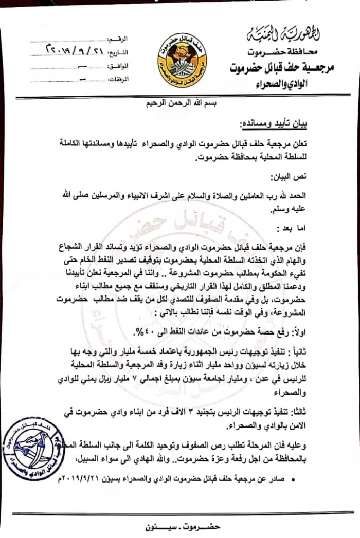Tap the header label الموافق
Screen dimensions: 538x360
click(x=119, y=66)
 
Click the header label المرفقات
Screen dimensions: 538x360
click(x=118, y=79)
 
